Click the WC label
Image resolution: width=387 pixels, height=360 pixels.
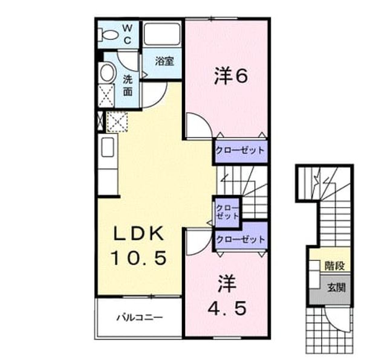[127, 34]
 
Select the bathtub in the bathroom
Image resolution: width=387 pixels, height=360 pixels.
[162, 34]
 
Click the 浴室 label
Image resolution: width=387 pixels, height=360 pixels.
[164, 61]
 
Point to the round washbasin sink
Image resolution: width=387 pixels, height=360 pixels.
[108, 73]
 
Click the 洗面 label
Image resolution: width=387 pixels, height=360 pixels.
[128, 86]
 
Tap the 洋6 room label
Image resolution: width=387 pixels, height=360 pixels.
[230, 76]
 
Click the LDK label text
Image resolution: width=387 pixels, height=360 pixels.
[139, 233]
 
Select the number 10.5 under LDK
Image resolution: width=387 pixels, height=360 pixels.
[139, 258]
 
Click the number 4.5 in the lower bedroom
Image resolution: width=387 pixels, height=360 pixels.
[227, 309]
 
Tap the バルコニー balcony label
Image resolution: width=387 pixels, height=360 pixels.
[140, 317]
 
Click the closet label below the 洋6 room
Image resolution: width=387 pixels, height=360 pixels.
[240, 150]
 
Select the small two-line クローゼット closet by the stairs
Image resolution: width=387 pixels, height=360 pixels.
[227, 212]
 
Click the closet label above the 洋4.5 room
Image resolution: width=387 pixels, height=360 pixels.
[241, 239]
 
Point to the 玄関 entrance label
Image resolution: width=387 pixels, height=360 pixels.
[336, 288]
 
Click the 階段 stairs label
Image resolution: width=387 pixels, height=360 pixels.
[334, 266]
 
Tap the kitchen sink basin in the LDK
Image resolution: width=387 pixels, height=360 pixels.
[108, 147]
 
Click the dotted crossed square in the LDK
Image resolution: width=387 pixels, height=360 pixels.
[117, 121]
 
